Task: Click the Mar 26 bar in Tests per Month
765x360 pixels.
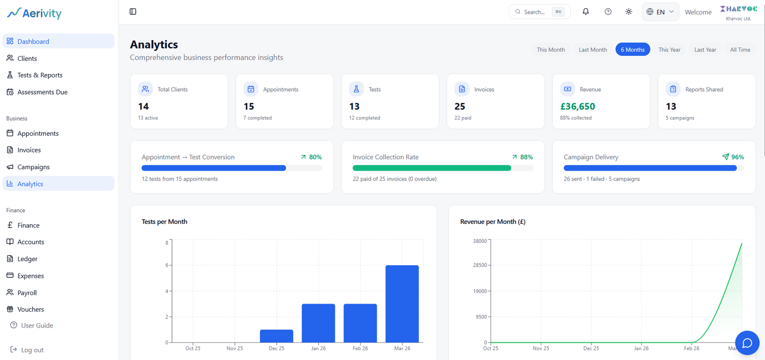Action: click(402, 304)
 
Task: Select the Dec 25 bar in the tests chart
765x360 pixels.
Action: click(276, 336)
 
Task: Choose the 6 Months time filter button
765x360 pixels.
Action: click(633, 50)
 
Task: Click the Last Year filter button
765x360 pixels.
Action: click(705, 50)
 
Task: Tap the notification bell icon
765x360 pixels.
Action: click(586, 12)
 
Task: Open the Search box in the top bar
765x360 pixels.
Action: click(539, 12)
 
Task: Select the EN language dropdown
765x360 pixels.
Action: click(660, 12)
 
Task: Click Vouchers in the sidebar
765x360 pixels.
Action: click(31, 309)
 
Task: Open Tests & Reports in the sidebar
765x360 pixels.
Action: click(40, 75)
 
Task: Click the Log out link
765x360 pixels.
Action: click(32, 350)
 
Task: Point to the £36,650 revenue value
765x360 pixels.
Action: click(578, 107)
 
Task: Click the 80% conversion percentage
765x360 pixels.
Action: click(315, 157)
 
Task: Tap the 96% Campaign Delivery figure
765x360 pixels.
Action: click(737, 157)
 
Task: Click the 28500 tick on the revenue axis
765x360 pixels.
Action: click(480, 265)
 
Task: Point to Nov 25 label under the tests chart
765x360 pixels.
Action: click(235, 349)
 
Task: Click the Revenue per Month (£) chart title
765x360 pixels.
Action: click(492, 222)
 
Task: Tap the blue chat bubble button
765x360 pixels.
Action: click(747, 343)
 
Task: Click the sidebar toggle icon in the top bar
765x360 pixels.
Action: click(133, 12)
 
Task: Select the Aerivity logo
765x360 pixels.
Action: click(34, 13)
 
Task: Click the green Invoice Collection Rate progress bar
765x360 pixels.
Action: click(432, 168)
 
